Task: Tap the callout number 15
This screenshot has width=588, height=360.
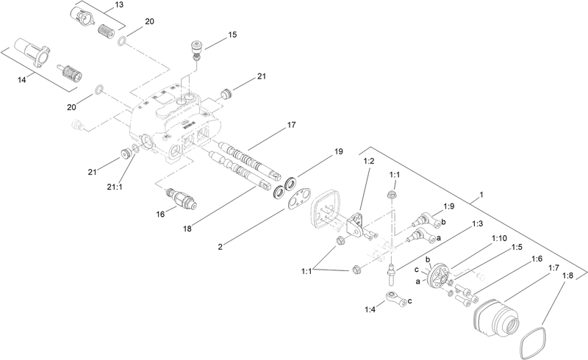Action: tap(232, 35)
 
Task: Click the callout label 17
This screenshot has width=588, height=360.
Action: tap(291, 126)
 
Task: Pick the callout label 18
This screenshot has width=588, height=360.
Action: tap(188, 229)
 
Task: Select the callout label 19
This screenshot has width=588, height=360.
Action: tap(339, 151)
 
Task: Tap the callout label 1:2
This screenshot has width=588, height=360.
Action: tap(369, 160)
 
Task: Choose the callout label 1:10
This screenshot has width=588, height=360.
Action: tap(499, 239)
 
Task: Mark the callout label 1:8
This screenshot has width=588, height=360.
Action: tap(568, 276)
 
